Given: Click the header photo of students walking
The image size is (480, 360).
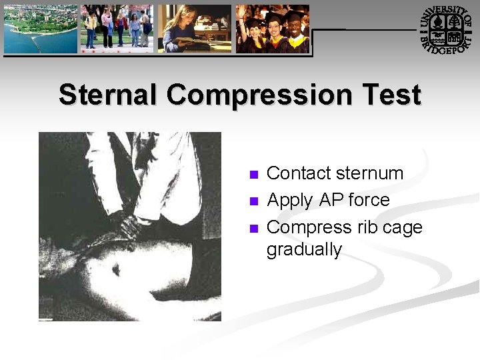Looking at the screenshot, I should coord(117,29).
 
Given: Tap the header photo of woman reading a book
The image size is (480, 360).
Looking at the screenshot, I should coord(194,29).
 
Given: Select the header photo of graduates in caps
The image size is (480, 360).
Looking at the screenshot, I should coord(272,29).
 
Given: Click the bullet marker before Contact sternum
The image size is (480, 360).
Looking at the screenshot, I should coord(253,175).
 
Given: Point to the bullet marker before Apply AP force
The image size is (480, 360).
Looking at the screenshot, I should coord(253,201).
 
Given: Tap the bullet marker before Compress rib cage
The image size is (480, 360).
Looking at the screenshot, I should coord(253,229).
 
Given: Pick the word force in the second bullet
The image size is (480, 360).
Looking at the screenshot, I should coord(369,200).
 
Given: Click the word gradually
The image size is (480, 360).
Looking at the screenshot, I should coord(304,250).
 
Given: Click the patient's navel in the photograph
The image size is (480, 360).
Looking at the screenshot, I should coord(116,270).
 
